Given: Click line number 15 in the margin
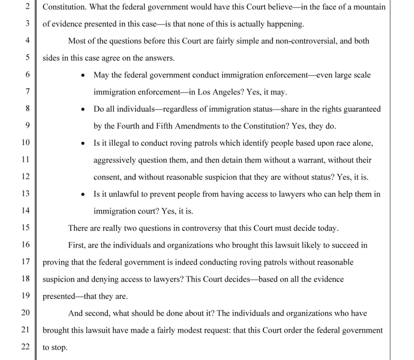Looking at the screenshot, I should point(26,227).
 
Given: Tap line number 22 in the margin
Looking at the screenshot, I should point(26,347).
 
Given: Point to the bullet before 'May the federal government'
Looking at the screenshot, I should point(83,75).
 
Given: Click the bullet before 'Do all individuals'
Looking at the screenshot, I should point(83,109).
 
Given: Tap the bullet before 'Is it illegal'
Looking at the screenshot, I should point(83,143).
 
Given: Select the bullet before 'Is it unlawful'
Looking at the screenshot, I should point(83,194).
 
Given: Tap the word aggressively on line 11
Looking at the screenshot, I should point(114,160).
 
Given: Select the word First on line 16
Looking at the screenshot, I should point(76,245).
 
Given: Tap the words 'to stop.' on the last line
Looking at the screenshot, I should point(55,347).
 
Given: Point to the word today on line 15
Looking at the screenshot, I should point(328,228).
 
